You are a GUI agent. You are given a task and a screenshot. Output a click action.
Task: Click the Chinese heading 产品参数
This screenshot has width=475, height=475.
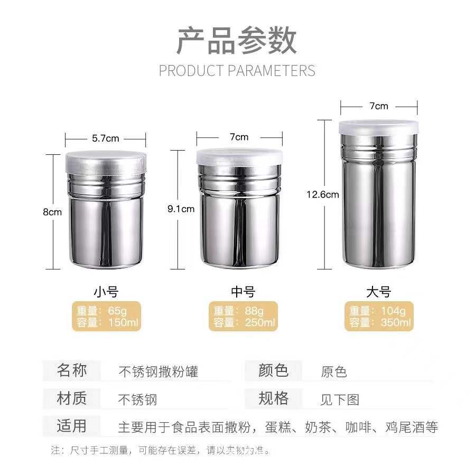(237, 41)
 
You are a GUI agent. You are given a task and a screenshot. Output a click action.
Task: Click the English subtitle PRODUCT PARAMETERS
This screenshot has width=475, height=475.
(237, 71)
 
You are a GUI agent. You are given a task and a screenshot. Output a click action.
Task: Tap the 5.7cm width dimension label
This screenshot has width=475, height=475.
(106, 138)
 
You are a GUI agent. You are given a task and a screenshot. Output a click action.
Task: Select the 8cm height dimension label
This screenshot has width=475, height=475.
(52, 212)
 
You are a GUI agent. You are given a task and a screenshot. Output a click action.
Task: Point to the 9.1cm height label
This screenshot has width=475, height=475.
(181, 209)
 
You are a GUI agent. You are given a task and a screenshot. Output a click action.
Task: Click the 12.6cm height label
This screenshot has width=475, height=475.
(322, 194)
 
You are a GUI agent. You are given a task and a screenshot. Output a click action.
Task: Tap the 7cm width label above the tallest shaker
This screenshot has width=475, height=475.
(379, 106)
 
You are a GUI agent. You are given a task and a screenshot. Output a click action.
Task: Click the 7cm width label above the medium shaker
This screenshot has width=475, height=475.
(239, 137)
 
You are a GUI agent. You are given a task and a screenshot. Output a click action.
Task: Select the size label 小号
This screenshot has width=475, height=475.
(106, 291)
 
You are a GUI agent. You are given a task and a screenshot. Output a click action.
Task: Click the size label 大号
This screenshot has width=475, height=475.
(378, 291)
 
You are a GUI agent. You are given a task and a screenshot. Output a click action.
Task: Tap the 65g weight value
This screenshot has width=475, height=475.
(116, 311)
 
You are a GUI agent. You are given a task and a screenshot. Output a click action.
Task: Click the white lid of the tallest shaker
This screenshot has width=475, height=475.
(378, 127)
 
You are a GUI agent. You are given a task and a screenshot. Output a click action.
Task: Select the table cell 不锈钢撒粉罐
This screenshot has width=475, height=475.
(158, 371)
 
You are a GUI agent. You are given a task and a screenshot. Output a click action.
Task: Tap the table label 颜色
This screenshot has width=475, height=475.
(273, 370)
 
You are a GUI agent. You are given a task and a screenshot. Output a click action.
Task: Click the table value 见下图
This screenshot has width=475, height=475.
(340, 399)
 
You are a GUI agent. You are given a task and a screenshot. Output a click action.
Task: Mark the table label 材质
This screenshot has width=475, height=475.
(71, 398)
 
